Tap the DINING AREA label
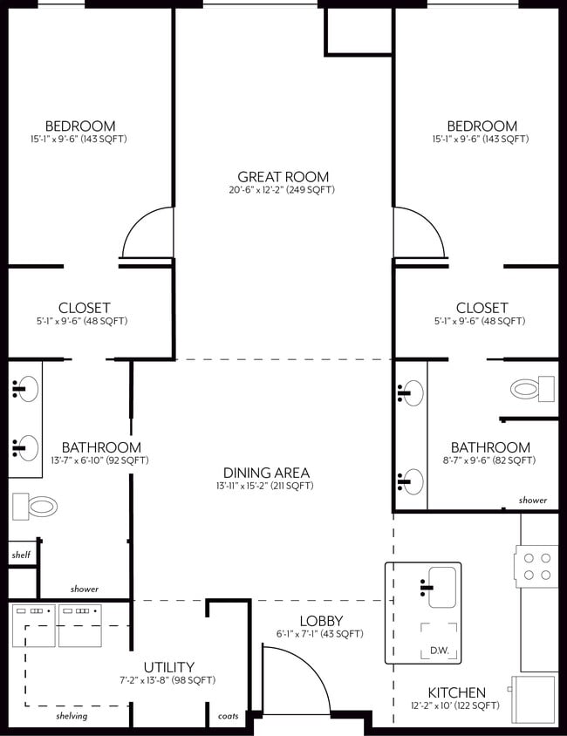click(x=265, y=473)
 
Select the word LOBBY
click(x=319, y=621)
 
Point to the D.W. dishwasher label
click(x=439, y=650)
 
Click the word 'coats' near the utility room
click(x=228, y=716)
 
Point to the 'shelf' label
click(x=21, y=555)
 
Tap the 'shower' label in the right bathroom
click(x=532, y=501)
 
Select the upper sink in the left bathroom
click(x=25, y=387)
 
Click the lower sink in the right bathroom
click(x=411, y=480)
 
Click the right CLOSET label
click(x=482, y=308)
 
